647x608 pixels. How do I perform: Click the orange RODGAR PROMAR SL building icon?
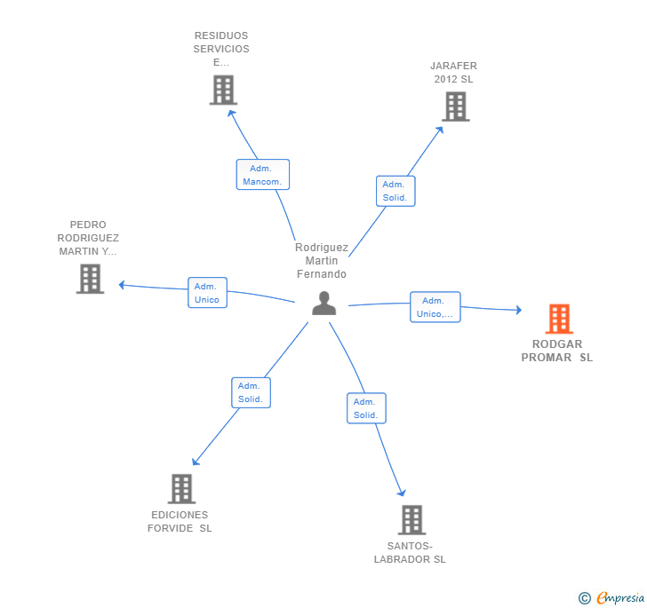[x=558, y=319]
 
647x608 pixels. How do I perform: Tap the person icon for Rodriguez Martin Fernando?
[x=324, y=304]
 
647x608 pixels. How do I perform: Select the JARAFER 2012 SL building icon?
[x=455, y=107]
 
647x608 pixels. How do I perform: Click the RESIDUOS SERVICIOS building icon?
[x=223, y=90]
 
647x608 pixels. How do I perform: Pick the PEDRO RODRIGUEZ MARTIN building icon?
[x=90, y=279]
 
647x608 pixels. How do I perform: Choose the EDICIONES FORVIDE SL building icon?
[x=181, y=488]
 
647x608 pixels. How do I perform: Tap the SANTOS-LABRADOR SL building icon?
[x=411, y=519]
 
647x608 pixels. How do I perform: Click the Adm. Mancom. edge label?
[x=262, y=175]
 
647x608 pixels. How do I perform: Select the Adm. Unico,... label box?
[x=435, y=307]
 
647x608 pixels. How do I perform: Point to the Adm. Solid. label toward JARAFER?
[x=395, y=191]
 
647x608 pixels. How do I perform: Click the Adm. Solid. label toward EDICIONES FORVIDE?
[x=251, y=392]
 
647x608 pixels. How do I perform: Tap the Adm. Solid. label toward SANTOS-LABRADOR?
[x=365, y=408]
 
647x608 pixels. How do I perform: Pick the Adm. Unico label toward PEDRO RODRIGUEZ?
[x=206, y=293]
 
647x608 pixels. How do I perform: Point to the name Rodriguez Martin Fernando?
[x=322, y=261]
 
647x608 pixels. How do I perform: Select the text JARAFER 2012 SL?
[x=453, y=72]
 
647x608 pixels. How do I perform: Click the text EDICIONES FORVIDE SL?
[x=180, y=522]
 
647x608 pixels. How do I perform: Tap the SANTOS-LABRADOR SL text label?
[x=410, y=553]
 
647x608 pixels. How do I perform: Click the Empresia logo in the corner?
[x=613, y=597]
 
